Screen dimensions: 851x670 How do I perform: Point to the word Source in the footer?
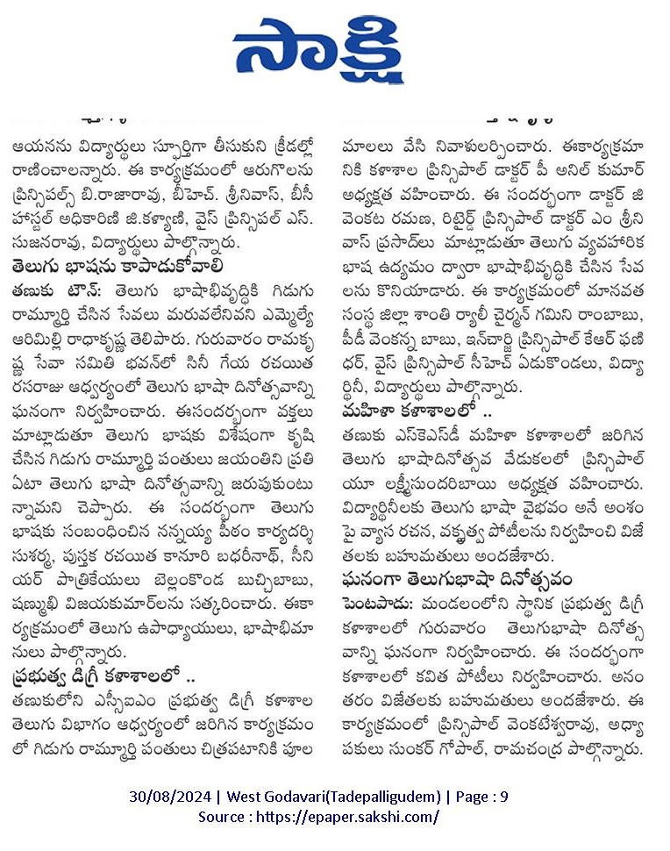[222, 817]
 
